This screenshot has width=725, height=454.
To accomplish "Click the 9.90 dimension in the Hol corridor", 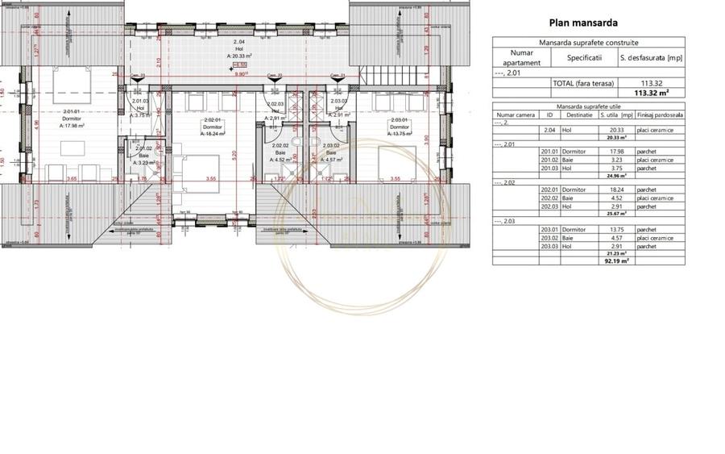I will tap(240, 73).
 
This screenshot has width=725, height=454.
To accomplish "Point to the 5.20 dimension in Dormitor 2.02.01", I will tap(235, 154).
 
